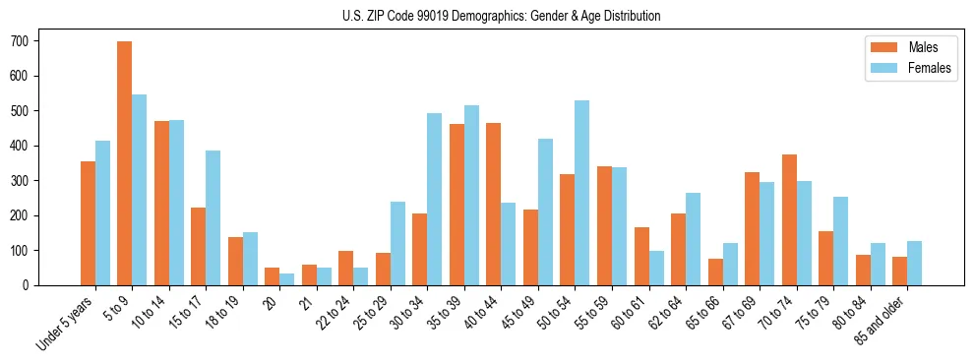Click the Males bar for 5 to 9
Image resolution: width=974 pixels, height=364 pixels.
(125, 163)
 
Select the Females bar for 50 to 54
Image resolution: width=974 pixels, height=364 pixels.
(582, 193)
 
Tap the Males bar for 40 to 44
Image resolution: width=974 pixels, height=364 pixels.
(494, 204)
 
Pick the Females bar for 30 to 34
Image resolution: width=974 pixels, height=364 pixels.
(435, 199)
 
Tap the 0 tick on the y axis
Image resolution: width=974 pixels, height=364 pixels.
(31, 285)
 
